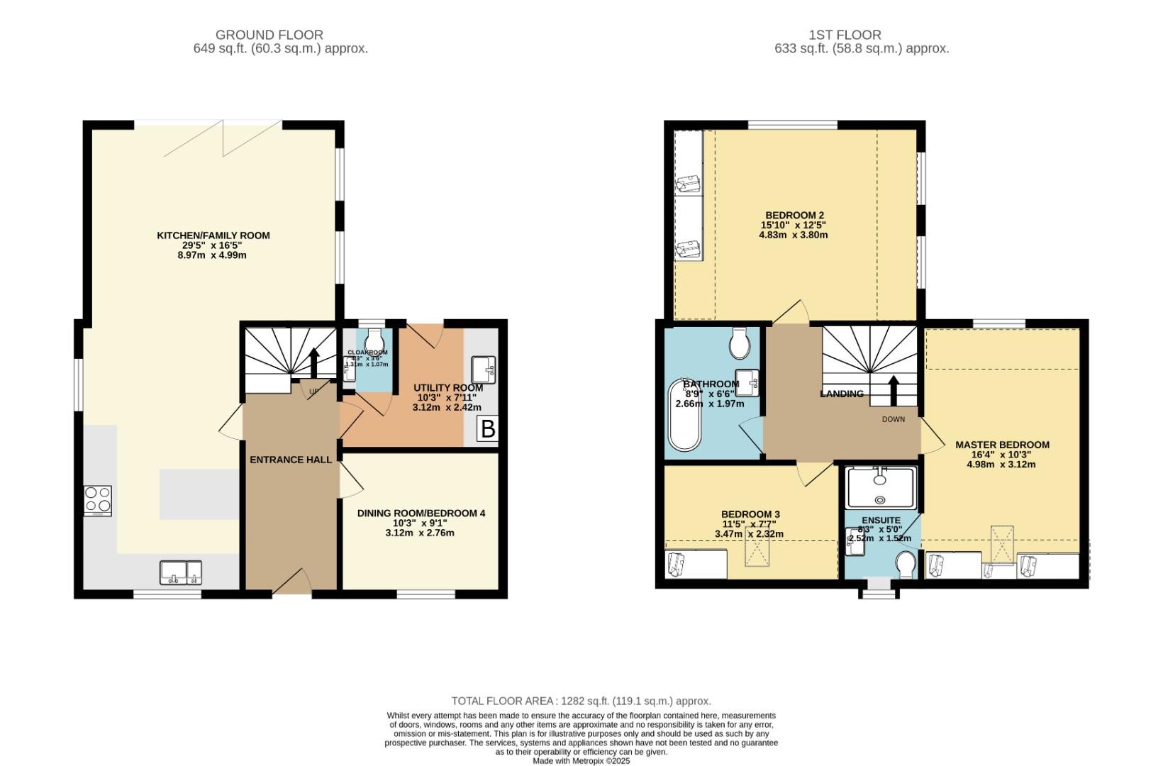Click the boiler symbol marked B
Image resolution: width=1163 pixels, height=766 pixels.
tap(487, 429)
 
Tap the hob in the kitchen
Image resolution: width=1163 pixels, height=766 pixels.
tap(98, 500)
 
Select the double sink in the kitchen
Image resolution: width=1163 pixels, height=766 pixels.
tap(181, 572)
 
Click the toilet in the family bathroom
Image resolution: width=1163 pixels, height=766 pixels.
tap(740, 344)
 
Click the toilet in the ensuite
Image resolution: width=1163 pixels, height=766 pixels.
tap(906, 566)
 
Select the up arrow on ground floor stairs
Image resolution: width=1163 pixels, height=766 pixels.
tap(313, 362)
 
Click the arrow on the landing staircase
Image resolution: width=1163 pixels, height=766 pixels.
tap(893, 389)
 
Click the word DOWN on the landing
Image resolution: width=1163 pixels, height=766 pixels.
tap(894, 419)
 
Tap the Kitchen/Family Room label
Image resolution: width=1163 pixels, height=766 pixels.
tap(213, 235)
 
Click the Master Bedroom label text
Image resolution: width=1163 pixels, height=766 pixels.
tap(1002, 445)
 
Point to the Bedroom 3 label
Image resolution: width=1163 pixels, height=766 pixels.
tap(750, 514)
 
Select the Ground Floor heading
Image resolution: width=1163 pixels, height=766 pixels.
tap(269, 35)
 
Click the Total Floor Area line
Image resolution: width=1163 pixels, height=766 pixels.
tap(581, 701)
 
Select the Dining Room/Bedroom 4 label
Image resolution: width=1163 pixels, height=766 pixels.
tap(421, 513)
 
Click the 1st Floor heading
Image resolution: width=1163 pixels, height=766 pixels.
tap(845, 35)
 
